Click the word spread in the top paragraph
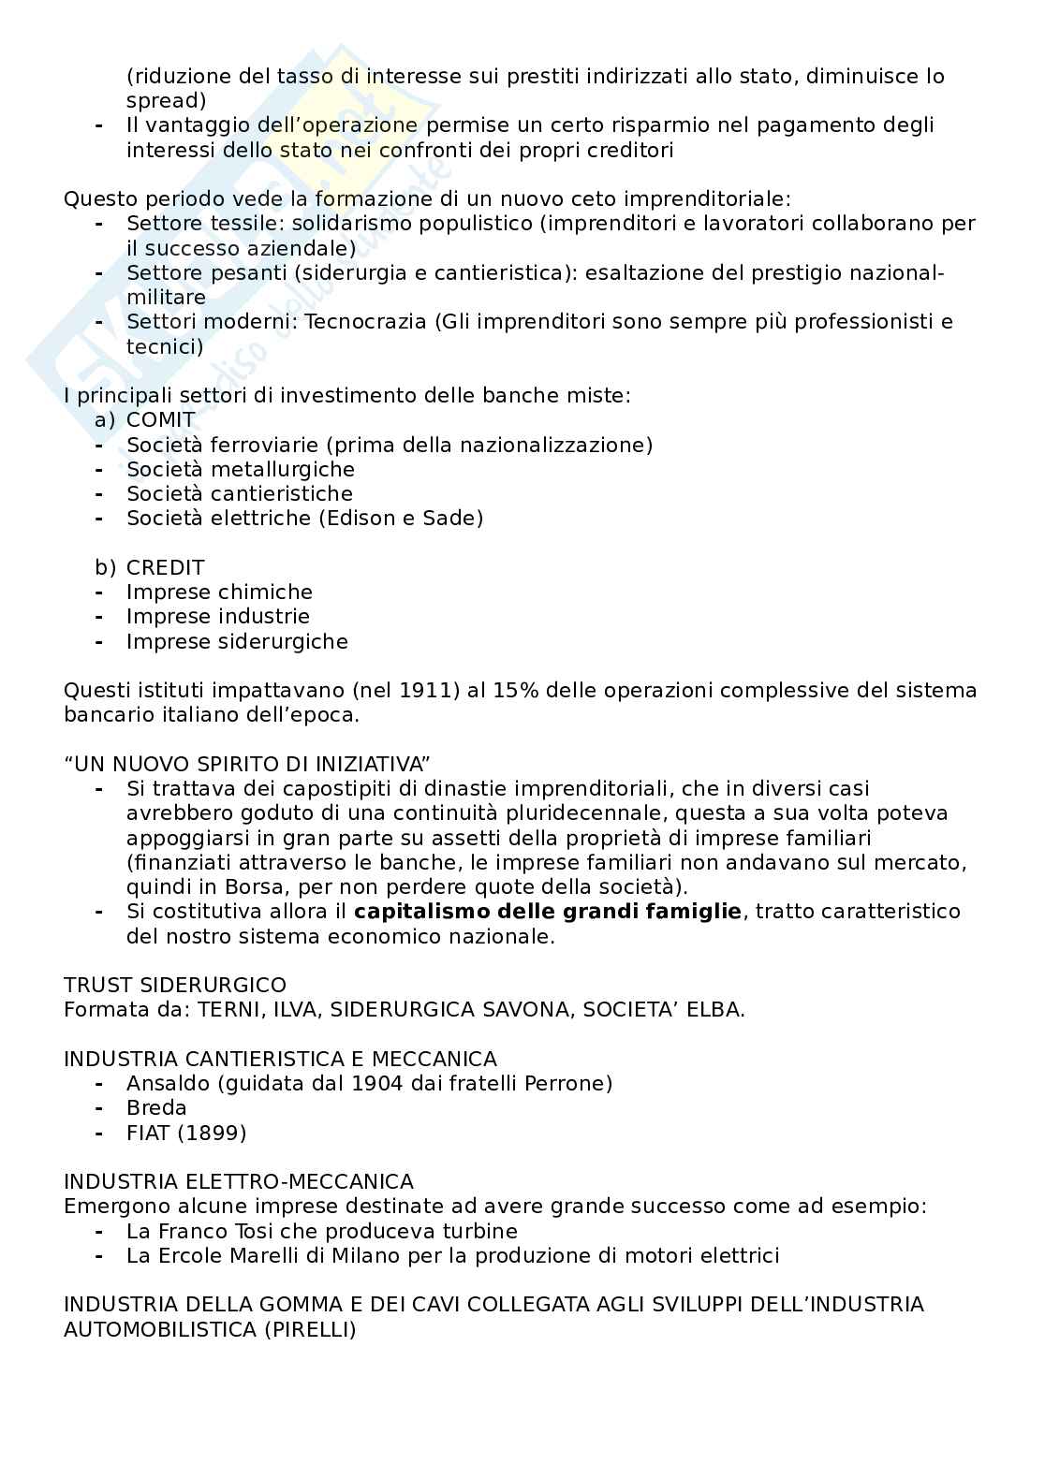click(x=166, y=100)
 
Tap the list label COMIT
click(x=161, y=419)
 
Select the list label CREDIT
click(x=165, y=567)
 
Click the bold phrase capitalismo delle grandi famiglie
click(x=548, y=911)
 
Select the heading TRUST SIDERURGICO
click(x=175, y=985)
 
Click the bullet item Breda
click(x=156, y=1107)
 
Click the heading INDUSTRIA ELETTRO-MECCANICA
click(x=239, y=1181)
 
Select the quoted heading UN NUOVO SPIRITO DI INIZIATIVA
click(x=247, y=764)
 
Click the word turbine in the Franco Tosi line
click(x=479, y=1231)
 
